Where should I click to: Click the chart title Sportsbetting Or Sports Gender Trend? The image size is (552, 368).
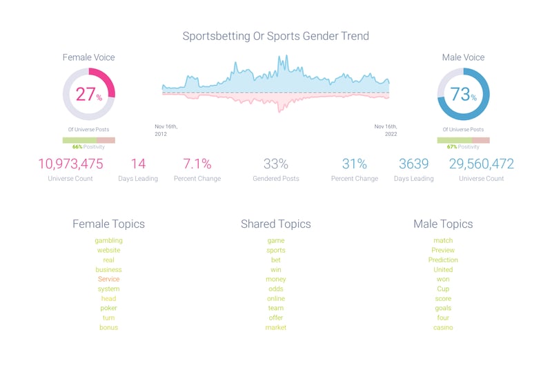click(275, 36)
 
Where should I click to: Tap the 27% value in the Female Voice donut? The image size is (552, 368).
click(88, 95)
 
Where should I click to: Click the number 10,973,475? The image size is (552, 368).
click(70, 164)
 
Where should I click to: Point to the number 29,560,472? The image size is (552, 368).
click(482, 164)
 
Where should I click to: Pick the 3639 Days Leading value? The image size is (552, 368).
click(414, 164)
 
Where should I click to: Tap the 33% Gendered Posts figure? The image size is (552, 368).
click(276, 164)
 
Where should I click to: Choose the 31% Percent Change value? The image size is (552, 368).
click(355, 164)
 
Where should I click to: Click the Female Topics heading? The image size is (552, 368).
click(108, 224)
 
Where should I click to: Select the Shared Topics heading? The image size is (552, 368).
click(275, 224)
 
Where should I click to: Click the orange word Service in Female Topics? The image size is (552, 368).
click(109, 279)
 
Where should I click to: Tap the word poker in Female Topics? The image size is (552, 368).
click(108, 308)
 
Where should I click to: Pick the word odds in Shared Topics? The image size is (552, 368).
click(275, 289)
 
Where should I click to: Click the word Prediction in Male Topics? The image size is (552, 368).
click(443, 260)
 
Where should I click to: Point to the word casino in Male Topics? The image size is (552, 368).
click(443, 327)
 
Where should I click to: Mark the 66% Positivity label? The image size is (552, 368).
click(88, 146)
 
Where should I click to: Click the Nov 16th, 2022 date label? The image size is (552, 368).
click(386, 130)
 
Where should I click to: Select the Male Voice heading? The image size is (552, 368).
click(463, 57)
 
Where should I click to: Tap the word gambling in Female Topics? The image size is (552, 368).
click(109, 240)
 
